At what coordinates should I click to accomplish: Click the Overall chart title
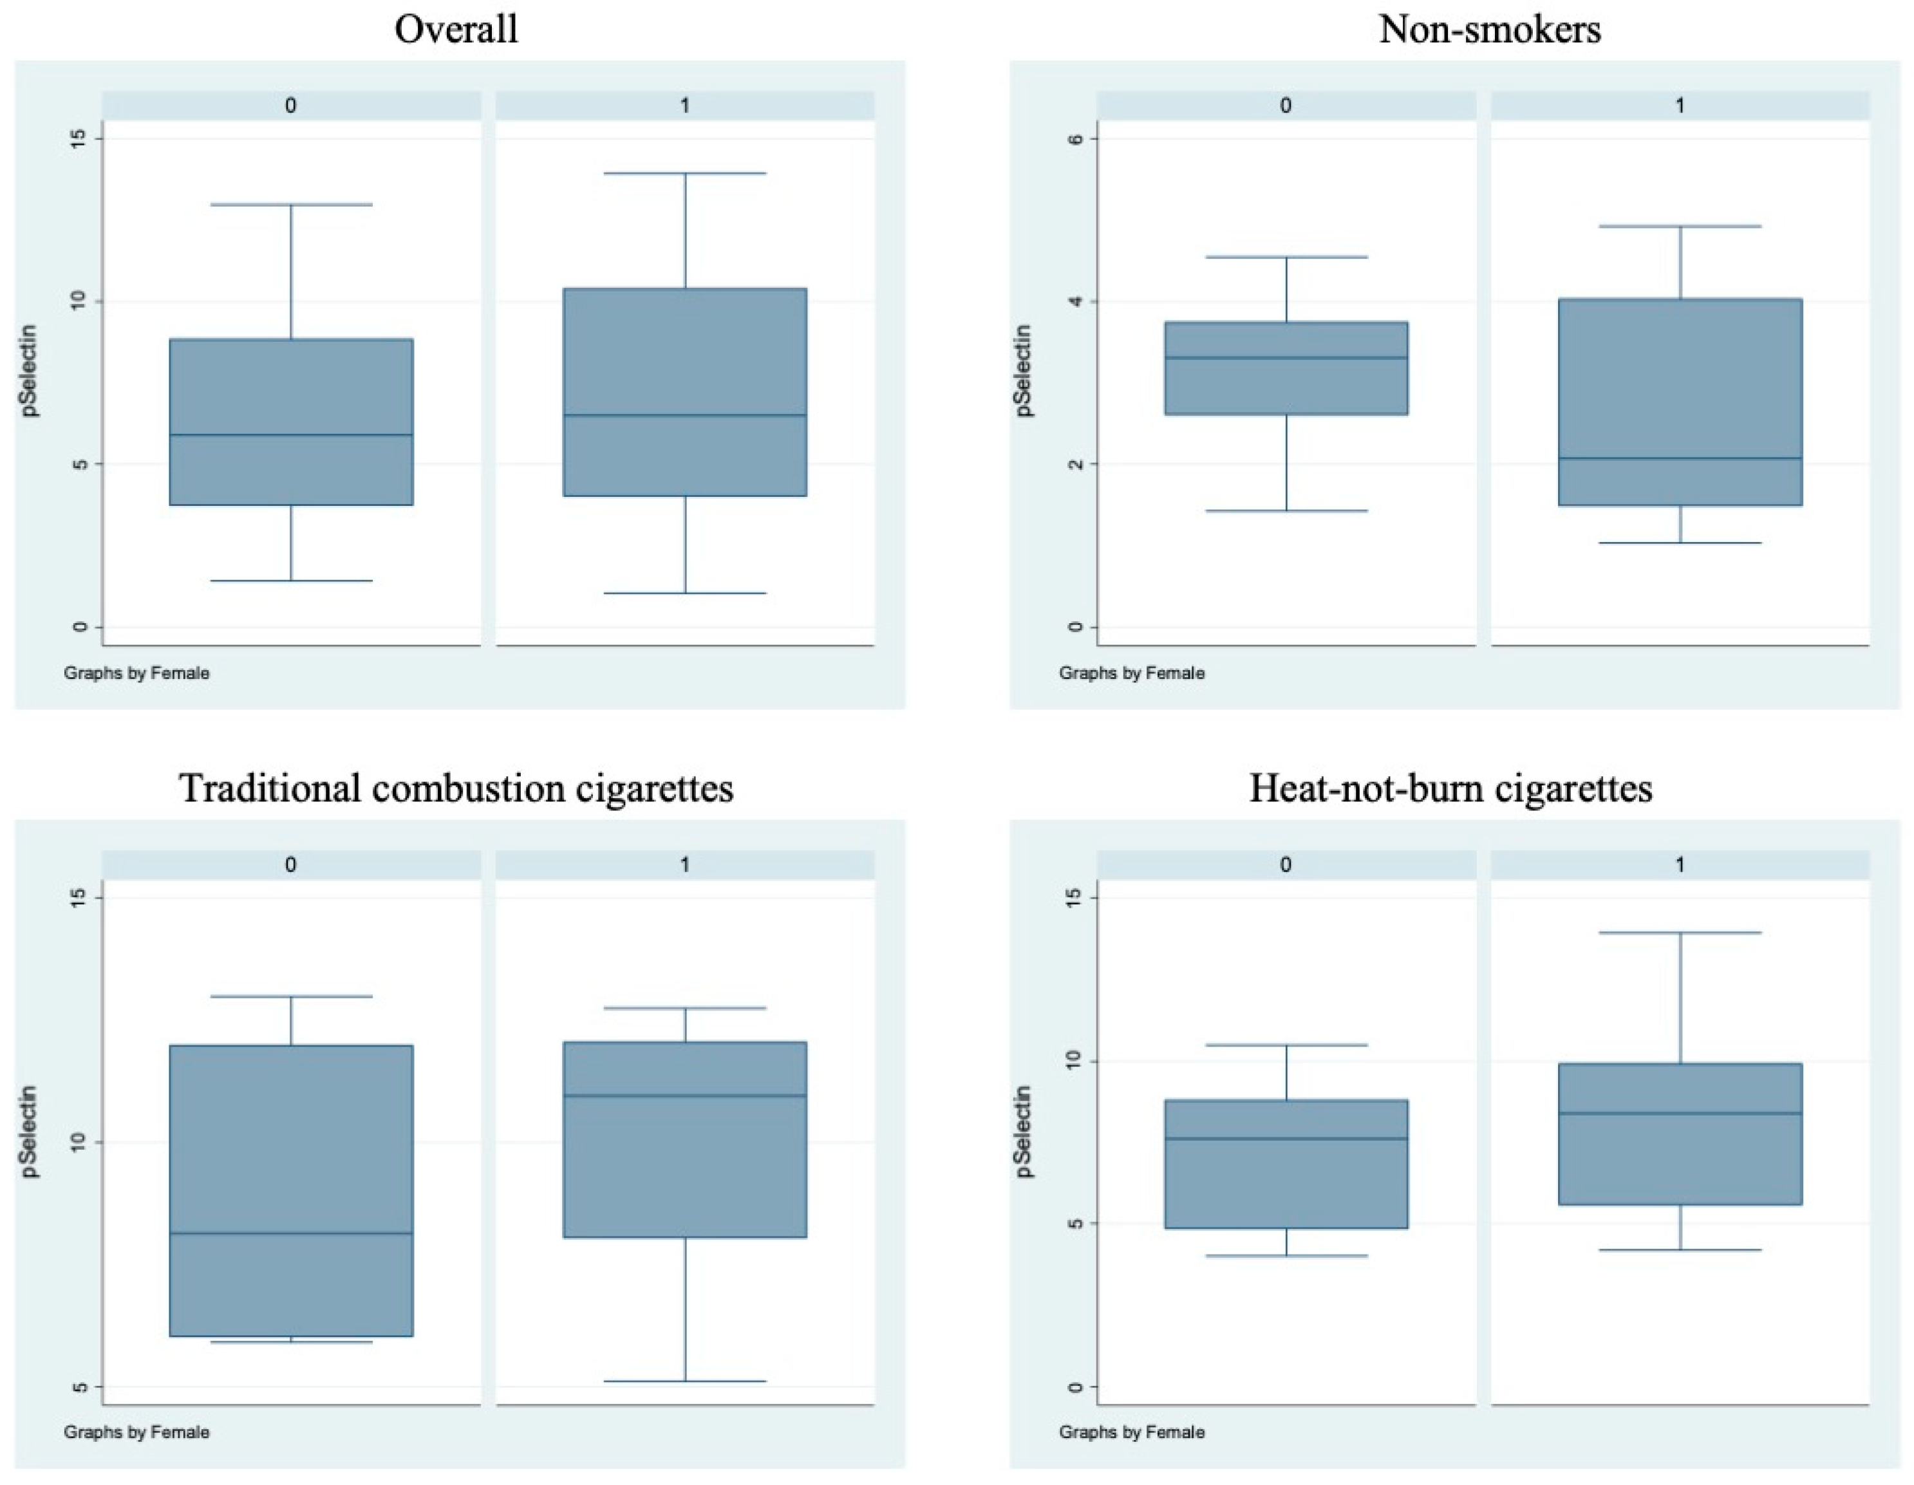coord(456,29)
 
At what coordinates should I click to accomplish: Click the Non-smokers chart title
coord(1490,29)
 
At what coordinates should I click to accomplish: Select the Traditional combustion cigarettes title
coord(456,788)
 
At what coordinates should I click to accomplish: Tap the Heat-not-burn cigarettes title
coord(1450,788)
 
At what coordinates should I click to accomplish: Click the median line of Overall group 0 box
coord(291,434)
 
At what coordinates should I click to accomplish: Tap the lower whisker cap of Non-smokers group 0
coord(1286,510)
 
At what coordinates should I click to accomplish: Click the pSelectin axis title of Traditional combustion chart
coord(31,1131)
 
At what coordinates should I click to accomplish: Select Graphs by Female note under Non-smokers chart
coord(1131,673)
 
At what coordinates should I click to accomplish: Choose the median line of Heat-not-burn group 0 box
coord(1286,1138)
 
